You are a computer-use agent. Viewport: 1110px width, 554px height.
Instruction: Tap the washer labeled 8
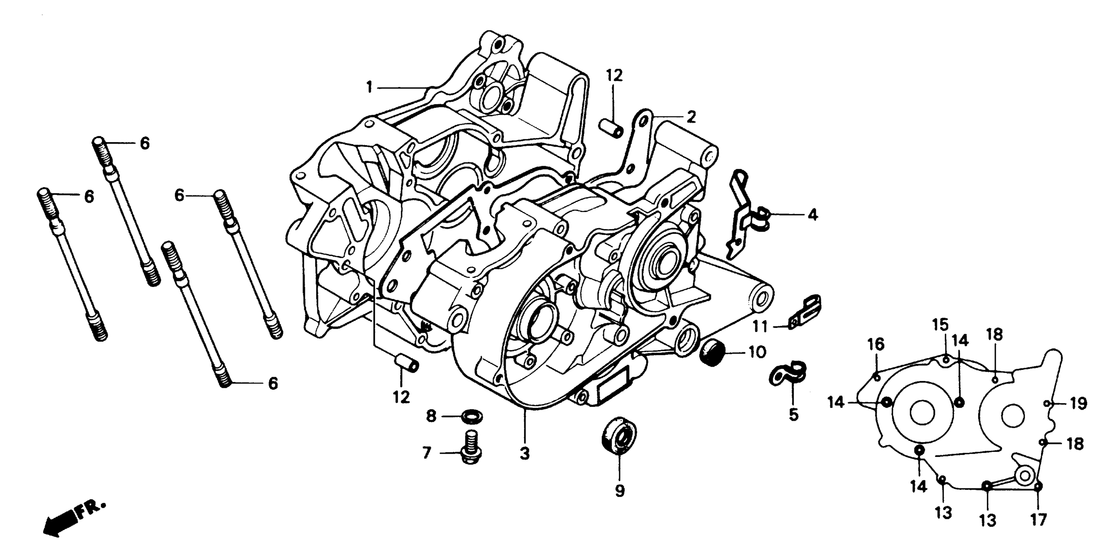[x=472, y=417]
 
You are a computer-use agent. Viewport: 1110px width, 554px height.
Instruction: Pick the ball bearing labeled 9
[x=619, y=434]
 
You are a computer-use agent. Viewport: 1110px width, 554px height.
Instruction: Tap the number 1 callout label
[x=369, y=88]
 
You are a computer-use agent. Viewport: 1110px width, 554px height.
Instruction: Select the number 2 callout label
[x=691, y=117]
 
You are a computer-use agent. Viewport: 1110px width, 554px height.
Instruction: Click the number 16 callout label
[x=875, y=344]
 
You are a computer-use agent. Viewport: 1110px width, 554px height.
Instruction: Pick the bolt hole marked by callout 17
[x=1038, y=487]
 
